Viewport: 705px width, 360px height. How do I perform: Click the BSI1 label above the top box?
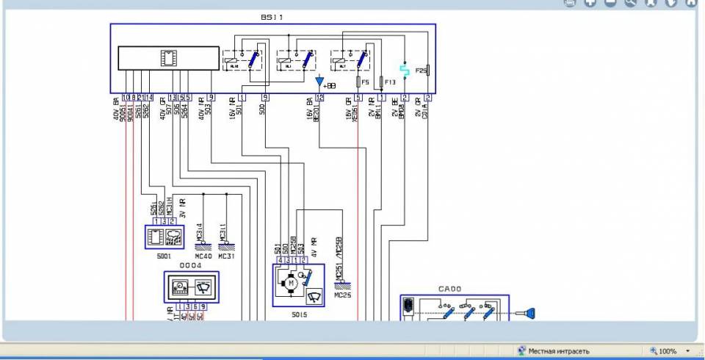[x=272, y=17]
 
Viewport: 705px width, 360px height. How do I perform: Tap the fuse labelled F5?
[x=358, y=82]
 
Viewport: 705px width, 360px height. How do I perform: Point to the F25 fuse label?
[x=420, y=71]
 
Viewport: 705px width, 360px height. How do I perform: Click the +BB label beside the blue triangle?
[x=329, y=86]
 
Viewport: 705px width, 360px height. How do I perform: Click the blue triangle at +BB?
[x=319, y=81]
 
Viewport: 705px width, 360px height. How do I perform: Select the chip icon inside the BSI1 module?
[x=168, y=58]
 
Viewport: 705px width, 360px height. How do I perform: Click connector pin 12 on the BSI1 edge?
[x=319, y=97]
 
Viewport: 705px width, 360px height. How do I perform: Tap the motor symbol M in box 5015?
[x=290, y=282]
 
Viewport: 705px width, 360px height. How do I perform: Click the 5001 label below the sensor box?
[x=163, y=256]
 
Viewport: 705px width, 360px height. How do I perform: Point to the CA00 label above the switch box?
[x=449, y=289]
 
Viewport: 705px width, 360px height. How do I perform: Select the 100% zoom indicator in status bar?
[x=667, y=351]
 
